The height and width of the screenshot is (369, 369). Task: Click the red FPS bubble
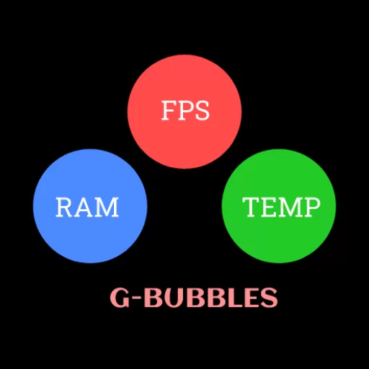pos(184,112)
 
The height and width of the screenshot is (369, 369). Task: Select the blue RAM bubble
pos(90,206)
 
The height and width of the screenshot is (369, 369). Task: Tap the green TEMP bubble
pos(279,206)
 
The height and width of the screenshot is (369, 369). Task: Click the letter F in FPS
pos(169,110)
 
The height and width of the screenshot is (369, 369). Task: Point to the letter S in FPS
pos(202,110)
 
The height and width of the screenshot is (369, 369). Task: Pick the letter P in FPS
pos(185,110)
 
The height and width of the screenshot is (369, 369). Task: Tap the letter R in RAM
pos(64,207)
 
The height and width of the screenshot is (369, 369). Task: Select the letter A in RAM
pos(83,207)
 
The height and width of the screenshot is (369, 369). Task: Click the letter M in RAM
pos(106,207)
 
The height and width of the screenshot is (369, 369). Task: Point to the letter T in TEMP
pos(252,207)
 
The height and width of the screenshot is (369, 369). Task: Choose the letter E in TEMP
pos(270,207)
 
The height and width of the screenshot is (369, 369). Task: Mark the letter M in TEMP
pos(291,207)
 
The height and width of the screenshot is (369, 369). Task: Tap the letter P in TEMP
pos(312,207)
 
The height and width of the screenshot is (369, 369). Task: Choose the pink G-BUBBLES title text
pos(194,298)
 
